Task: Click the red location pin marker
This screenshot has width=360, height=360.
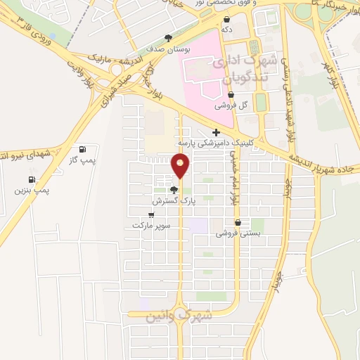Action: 181,165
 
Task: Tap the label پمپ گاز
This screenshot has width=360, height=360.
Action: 82,161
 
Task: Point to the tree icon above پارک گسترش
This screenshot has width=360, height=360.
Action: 174,190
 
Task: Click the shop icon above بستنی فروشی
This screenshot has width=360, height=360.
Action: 238,221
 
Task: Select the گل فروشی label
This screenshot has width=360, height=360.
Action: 233,105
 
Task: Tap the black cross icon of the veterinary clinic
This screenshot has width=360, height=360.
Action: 216,132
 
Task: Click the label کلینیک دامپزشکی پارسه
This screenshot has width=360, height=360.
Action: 217,143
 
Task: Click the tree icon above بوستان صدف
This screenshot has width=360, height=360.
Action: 168,38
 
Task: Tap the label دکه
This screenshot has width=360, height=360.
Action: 226,30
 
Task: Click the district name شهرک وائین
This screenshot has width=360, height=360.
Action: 179,316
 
